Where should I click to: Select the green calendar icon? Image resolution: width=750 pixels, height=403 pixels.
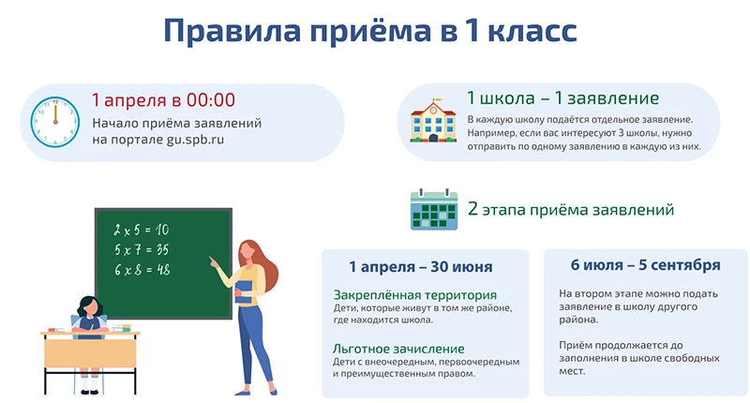point(432,210)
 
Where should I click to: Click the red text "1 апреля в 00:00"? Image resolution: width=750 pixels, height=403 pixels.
point(163,100)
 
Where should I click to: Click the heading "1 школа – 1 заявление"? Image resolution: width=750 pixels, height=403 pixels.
point(562,98)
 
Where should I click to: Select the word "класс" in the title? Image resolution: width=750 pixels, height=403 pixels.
point(525,31)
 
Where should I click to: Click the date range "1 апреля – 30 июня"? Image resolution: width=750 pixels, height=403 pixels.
point(421,267)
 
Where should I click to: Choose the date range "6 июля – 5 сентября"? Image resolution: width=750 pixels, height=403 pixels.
point(645,265)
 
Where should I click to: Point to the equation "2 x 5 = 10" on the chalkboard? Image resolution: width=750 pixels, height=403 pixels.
point(142,230)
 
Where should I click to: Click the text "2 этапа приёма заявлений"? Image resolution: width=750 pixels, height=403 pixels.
point(570,210)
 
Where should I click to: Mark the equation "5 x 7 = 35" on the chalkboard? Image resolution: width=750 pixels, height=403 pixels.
point(142,249)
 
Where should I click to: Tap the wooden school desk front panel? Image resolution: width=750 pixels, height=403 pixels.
point(90,352)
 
